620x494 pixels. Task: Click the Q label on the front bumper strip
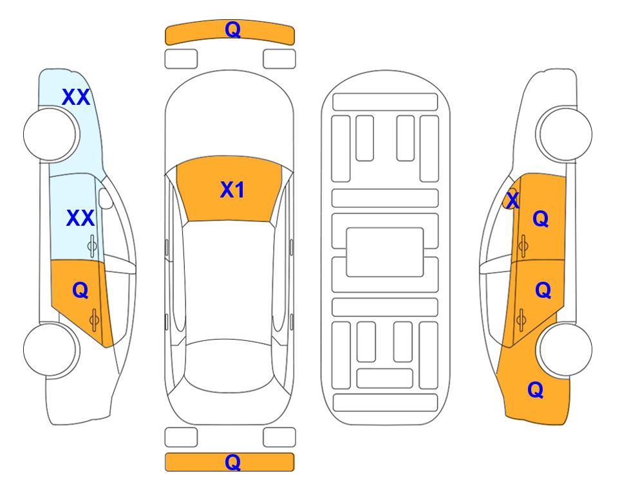pyautogui.click(x=232, y=30)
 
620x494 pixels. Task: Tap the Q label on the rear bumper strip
pyautogui.click(x=232, y=462)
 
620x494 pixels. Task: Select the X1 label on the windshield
pyautogui.click(x=232, y=190)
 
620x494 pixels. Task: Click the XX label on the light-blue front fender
pyautogui.click(x=76, y=97)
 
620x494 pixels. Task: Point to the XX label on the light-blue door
pyautogui.click(x=80, y=218)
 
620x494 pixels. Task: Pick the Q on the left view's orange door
pyautogui.click(x=80, y=291)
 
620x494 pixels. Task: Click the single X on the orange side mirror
pyautogui.click(x=513, y=200)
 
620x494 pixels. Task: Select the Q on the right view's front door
pyautogui.click(x=541, y=219)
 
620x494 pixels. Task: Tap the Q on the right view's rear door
pyautogui.click(x=543, y=291)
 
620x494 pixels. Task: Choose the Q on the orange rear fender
pyautogui.click(x=536, y=390)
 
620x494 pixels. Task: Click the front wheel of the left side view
pyautogui.click(x=50, y=134)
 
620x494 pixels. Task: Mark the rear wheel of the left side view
pyautogui.click(x=50, y=349)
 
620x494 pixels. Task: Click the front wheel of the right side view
pyautogui.click(x=565, y=134)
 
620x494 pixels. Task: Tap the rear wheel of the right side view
pyautogui.click(x=565, y=349)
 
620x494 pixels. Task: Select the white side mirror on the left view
pyautogui.click(x=106, y=199)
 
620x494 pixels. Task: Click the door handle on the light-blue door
pyautogui.click(x=92, y=246)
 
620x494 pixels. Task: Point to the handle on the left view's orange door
pyautogui.click(x=94, y=320)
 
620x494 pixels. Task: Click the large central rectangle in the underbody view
pyautogui.click(x=385, y=252)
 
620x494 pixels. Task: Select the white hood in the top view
pyautogui.click(x=229, y=118)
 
